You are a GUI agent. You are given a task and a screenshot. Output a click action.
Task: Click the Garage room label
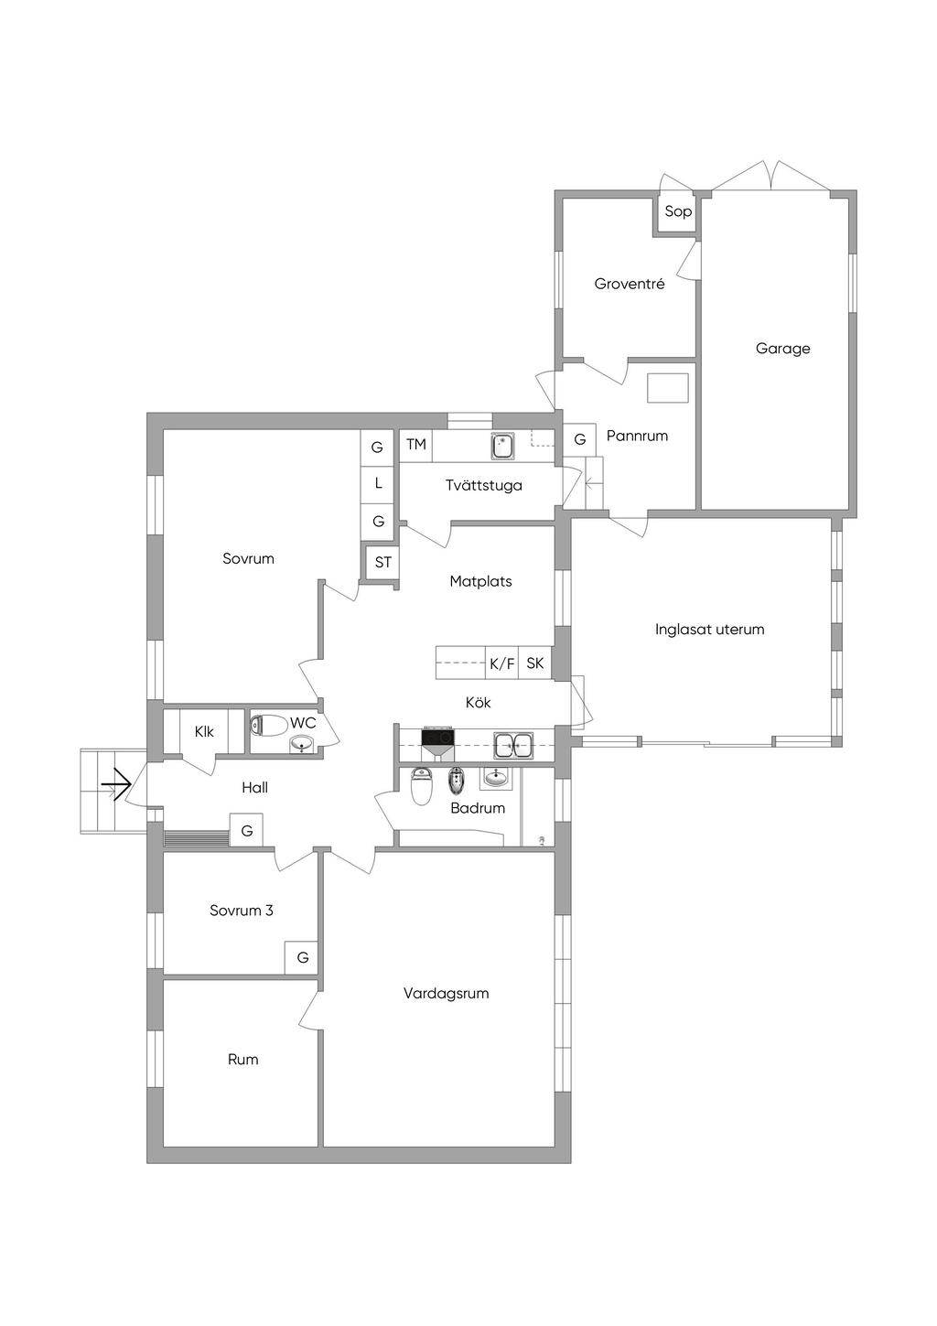[782, 349]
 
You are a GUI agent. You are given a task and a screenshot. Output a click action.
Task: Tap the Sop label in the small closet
[678, 211]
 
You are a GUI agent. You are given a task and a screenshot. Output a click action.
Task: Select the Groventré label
[630, 284]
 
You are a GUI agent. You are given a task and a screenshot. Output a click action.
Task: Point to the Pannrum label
[637, 437]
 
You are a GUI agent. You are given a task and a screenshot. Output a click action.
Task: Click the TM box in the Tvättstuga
[416, 445]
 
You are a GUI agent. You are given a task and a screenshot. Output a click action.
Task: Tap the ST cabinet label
[383, 562]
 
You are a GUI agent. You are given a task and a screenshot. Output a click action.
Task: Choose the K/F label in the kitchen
[502, 663]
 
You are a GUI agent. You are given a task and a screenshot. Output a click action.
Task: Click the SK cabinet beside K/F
[535, 663]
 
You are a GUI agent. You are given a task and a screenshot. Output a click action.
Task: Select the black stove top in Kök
[438, 738]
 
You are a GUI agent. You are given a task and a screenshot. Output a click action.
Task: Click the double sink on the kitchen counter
[513, 745]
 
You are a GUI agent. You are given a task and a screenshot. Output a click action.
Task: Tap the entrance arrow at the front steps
[115, 785]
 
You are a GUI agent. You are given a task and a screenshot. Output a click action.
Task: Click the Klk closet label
[204, 732]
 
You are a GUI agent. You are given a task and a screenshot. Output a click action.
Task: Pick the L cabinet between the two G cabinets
[378, 484]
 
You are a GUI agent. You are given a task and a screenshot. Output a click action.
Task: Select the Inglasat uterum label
[710, 630]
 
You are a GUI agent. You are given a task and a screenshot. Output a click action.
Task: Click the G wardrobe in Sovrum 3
[302, 957]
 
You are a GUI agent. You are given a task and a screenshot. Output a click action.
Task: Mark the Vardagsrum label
[446, 993]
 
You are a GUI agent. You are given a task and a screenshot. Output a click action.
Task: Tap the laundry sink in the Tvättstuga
[502, 446]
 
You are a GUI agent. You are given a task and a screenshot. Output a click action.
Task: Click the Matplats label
[480, 581]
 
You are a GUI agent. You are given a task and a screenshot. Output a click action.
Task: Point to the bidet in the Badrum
[455, 781]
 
